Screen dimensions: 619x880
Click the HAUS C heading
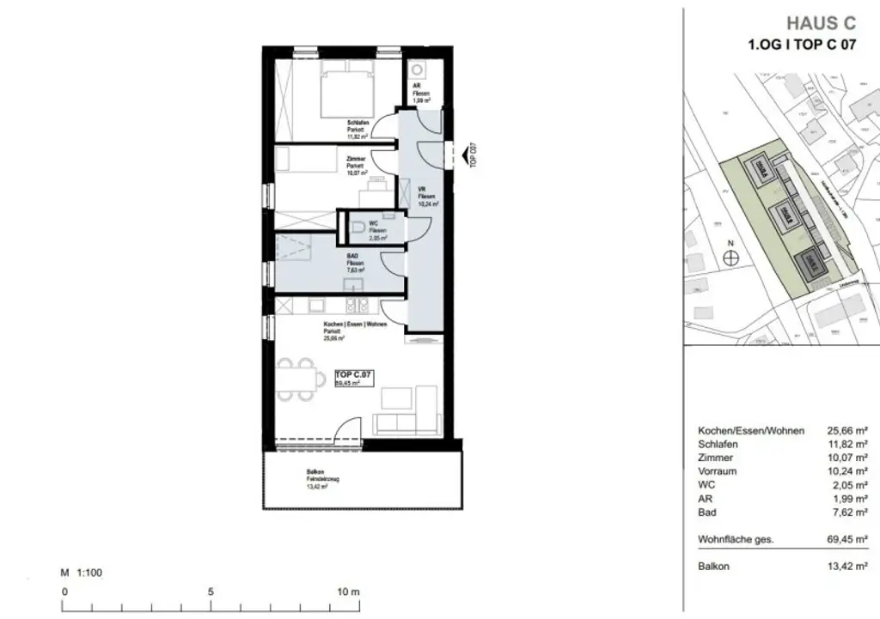coord(821,23)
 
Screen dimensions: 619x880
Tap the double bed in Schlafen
coord(349,88)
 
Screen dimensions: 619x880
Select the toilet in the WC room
coord(357,228)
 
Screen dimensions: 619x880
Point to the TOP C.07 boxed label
coord(353,374)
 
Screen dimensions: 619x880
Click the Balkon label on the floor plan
coord(315,472)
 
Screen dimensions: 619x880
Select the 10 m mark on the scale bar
coord(347,592)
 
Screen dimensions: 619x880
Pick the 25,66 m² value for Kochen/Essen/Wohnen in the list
coord(847,430)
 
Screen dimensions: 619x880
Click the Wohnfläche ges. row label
coord(736,539)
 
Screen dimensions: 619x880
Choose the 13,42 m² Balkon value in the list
coord(847,567)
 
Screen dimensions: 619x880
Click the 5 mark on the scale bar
coord(210,592)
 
